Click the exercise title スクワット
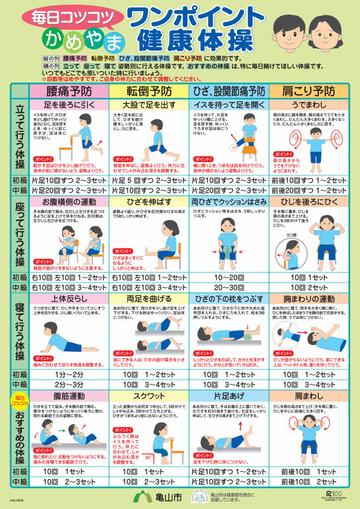pyautogui.click(x=149, y=396)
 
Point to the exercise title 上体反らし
pyautogui.click(x=69, y=299)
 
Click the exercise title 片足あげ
pyautogui.click(x=228, y=396)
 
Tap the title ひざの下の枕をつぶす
pyautogui.click(x=228, y=299)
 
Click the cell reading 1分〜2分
pyautogui.click(x=69, y=374)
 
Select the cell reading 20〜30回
pyautogui.click(x=228, y=287)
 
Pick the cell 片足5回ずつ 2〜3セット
pyautogui.click(x=149, y=180)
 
